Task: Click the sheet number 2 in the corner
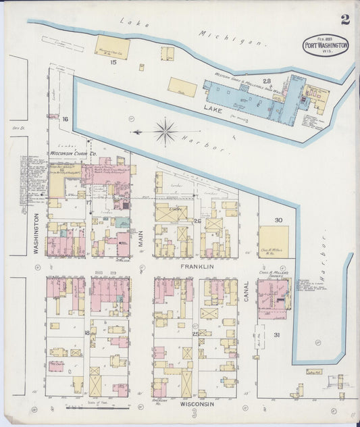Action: tap(345, 20)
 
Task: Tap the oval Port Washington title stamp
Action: tap(326, 45)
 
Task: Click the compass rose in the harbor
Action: tap(165, 131)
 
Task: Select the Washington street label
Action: tap(36, 234)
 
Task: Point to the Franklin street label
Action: tap(197, 267)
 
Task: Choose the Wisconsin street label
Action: tap(197, 403)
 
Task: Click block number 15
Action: tap(114, 62)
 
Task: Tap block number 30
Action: tap(278, 220)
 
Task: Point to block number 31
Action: tap(276, 334)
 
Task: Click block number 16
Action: tap(65, 119)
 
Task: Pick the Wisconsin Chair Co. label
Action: tap(74, 154)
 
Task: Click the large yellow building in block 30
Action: tap(274, 240)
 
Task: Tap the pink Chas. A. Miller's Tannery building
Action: tap(273, 297)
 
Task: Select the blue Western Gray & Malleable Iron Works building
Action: tap(243, 98)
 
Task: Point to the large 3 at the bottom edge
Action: tap(194, 413)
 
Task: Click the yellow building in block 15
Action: tap(112, 47)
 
